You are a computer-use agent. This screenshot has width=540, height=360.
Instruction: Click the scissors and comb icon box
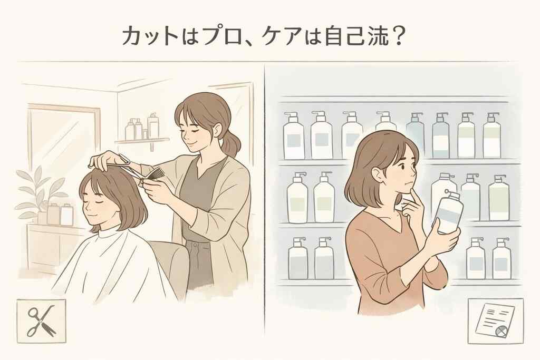pyautogui.click(x=41, y=318)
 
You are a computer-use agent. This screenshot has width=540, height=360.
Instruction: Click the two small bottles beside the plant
pyautogui.click(x=60, y=213)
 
